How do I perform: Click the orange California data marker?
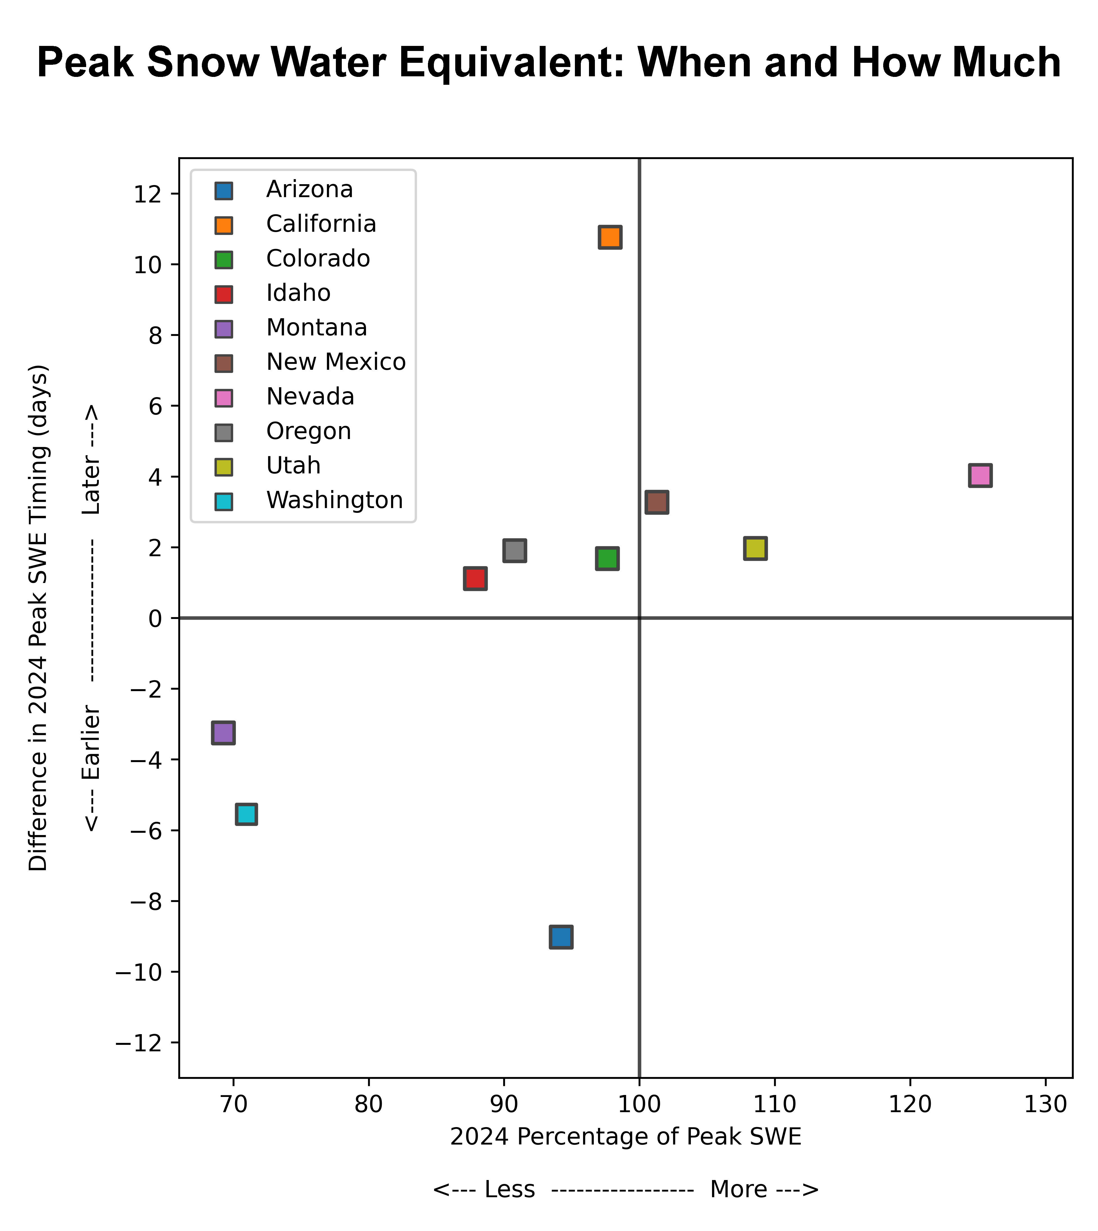(x=610, y=237)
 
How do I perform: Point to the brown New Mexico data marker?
(x=656, y=502)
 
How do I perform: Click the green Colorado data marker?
(x=607, y=559)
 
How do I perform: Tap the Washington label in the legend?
(x=334, y=500)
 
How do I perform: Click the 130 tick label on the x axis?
(x=1046, y=1104)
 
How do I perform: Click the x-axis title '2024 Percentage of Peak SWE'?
(x=626, y=1137)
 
